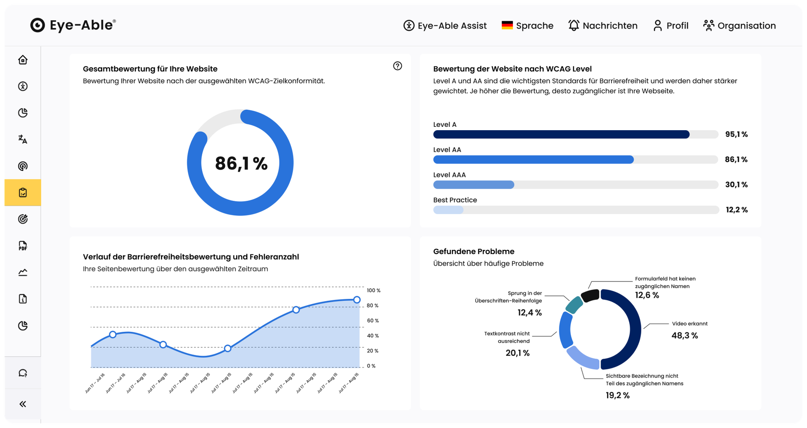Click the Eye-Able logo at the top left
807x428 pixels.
73,25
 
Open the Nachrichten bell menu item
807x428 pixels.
603,26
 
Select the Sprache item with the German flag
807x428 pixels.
527,26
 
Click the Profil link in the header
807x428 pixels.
671,26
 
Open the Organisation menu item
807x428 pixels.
739,26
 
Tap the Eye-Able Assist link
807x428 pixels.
445,26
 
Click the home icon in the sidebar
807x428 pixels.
23,60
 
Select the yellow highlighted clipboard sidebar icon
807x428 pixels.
23,192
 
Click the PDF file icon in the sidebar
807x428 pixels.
23,246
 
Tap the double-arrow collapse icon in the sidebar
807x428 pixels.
23,404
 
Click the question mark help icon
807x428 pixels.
398,66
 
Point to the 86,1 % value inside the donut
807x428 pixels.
241,163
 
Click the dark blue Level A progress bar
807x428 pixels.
562,134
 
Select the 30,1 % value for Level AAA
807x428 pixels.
736,185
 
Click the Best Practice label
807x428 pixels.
455,200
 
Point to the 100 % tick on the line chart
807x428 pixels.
374,290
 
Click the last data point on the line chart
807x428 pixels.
357,300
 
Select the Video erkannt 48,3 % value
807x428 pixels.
685,336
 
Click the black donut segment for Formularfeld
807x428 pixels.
590,295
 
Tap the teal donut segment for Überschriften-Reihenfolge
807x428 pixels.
574,305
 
